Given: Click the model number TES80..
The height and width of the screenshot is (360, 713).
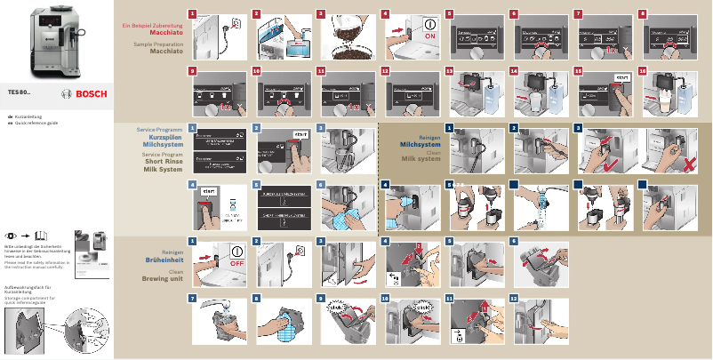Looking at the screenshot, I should (x=22, y=92).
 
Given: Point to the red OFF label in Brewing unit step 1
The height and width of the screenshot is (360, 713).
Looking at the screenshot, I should (x=236, y=264).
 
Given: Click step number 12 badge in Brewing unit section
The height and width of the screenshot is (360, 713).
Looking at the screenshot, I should (x=513, y=298).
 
